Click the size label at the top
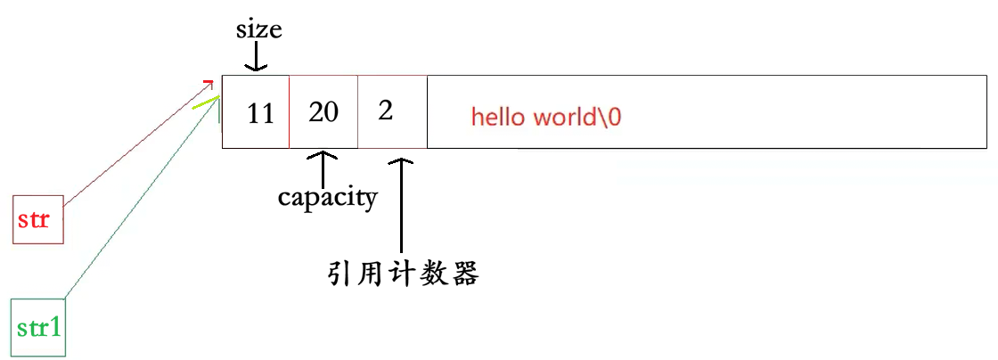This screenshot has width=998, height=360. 258,29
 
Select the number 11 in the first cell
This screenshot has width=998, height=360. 260,114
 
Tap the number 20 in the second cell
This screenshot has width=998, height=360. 323,112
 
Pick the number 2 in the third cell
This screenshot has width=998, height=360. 386,111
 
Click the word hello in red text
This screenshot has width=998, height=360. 500,118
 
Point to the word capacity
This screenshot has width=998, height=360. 327,196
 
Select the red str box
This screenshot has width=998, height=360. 38,219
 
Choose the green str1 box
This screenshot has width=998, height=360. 38,327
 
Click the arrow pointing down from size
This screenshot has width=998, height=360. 256,57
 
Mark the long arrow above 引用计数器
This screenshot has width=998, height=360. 403,205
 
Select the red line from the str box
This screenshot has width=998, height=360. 134,142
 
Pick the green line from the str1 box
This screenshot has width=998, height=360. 134,204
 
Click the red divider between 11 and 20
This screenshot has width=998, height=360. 290,112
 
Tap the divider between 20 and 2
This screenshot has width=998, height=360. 358,112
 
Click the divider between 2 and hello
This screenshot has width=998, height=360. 427,112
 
